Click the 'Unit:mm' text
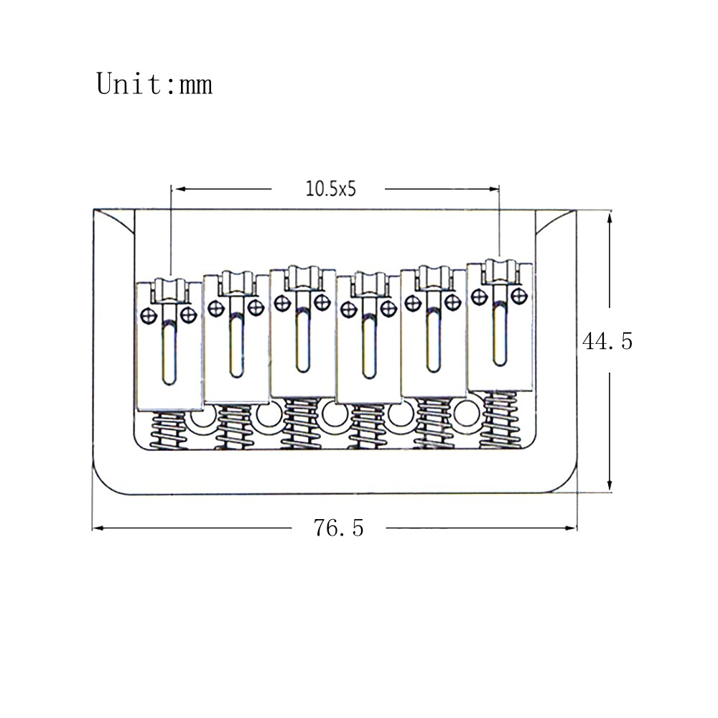point(154,84)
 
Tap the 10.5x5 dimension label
point(330,189)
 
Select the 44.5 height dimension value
point(607,342)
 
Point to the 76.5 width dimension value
point(339,528)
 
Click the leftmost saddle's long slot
point(169,352)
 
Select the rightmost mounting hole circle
point(467,413)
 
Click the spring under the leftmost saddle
point(169,430)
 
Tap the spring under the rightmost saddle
point(500,419)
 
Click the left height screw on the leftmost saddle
point(149,315)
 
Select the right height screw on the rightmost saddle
point(519,297)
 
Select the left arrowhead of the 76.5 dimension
point(98,528)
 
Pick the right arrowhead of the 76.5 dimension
point(571,528)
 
